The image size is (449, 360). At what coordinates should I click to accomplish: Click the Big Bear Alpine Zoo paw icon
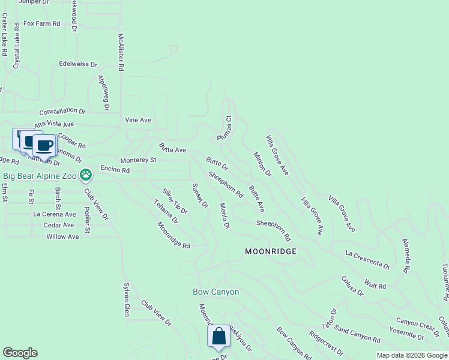[x=86, y=175]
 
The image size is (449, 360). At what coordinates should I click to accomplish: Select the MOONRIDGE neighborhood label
[x=271, y=251]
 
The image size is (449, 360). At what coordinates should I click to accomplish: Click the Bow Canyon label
[x=215, y=292]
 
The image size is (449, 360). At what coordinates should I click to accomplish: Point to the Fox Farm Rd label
[x=42, y=24]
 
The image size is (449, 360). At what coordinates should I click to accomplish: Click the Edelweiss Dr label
[x=78, y=64]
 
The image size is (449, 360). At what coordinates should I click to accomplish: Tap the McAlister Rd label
[x=121, y=52]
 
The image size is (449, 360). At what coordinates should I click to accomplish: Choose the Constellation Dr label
[x=62, y=112]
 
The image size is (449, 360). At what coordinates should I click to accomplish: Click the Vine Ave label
[x=138, y=120]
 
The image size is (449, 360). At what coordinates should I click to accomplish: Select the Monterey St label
[x=138, y=160]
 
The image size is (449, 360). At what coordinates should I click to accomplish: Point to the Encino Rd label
[x=115, y=170]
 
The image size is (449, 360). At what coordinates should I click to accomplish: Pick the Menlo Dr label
[x=224, y=216]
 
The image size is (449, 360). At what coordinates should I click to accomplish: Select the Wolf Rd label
[x=375, y=283]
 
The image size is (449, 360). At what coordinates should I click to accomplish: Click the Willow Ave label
[x=62, y=237]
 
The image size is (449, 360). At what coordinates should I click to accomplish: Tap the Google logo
[x=20, y=353]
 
